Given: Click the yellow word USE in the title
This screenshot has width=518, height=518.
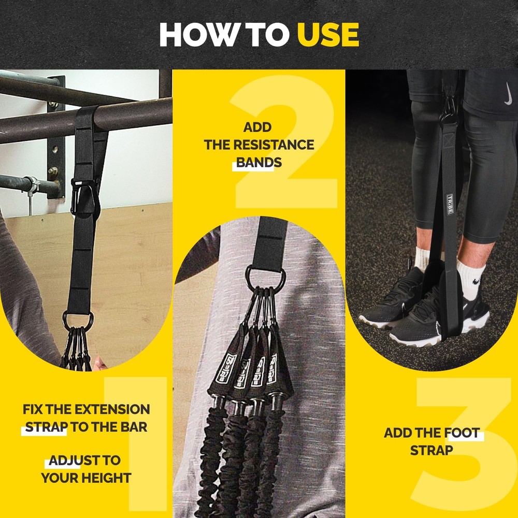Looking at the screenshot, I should pos(327,35).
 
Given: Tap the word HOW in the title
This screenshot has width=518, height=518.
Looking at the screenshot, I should pos(193,35).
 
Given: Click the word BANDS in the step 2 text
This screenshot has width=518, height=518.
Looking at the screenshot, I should pos(259,162).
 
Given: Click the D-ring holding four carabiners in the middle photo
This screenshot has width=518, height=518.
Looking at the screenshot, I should pos(264,278).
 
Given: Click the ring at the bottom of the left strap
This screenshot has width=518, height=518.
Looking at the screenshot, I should pos(78,320).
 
